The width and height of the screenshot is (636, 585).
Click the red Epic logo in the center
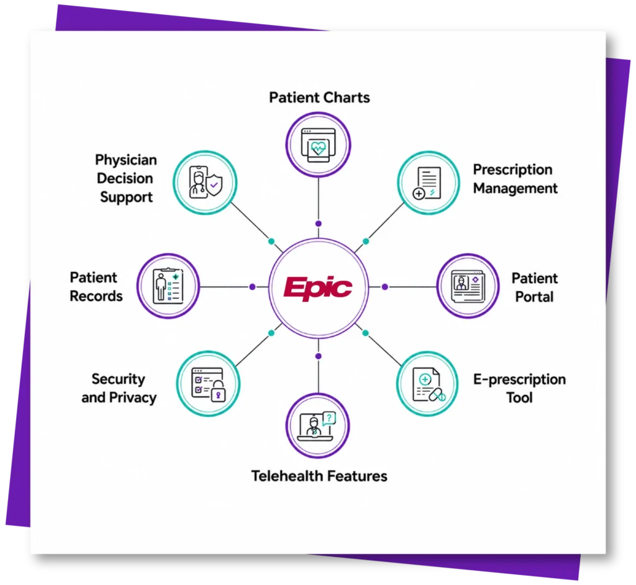[318, 288]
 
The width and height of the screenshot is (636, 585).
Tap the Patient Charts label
[320, 97]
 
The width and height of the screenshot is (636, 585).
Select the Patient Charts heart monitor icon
[319, 145]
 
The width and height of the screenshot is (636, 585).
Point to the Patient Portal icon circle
[468, 286]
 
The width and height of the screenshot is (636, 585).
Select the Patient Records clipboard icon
[168, 286]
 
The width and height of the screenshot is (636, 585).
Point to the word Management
[516, 189]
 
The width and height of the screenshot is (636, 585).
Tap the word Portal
[535, 297]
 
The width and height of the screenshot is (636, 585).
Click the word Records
[96, 296]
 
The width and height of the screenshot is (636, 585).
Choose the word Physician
[126, 160]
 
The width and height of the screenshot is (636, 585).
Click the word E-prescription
[520, 379]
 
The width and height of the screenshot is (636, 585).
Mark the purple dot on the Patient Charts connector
[319, 224]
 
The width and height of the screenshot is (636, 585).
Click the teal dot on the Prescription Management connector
[366, 242]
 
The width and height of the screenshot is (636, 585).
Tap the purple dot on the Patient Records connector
[252, 287]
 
